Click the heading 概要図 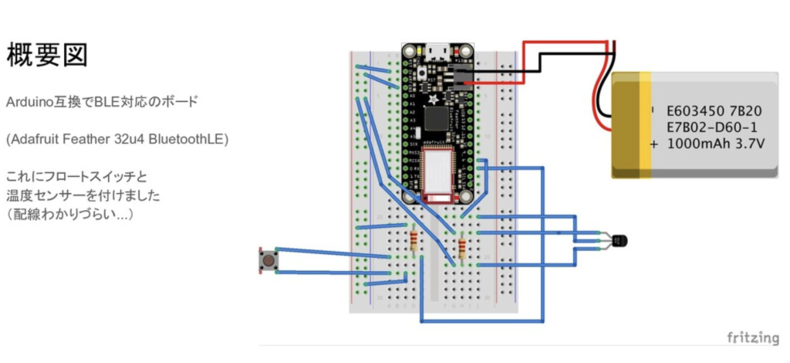47,56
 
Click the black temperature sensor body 618,241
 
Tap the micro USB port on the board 437,52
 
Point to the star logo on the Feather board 433,98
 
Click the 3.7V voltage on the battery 748,144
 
